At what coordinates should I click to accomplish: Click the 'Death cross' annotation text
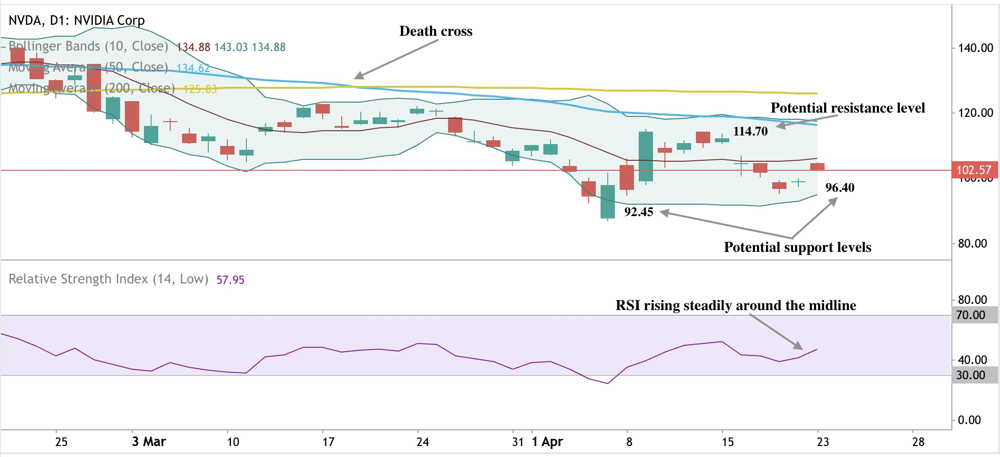pos(436,31)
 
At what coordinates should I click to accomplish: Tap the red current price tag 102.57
pos(973,170)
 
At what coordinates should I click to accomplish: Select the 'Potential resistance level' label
pos(847,108)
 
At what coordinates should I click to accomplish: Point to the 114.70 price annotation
pos(750,131)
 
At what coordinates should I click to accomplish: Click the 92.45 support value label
pos(638,212)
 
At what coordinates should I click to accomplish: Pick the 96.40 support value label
pos(840,187)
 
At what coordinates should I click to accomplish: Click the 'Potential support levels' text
pos(797,247)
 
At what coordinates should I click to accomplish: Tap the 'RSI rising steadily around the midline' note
pos(735,305)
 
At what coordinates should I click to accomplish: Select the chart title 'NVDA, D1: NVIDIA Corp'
pos(77,21)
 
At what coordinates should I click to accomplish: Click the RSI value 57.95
pos(230,280)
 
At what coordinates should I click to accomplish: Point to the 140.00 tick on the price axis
pos(975,48)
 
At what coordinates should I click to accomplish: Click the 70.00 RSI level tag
pos(970,315)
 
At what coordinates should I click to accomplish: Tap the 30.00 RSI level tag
pos(970,375)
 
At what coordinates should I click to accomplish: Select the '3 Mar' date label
pos(149,442)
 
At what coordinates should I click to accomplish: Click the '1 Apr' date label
pos(547,442)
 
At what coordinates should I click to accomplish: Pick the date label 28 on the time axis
pos(918,442)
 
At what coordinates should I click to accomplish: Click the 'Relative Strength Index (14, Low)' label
pos(109,279)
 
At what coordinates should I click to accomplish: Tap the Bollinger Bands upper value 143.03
pos(231,47)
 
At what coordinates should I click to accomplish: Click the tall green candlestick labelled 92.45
pos(608,201)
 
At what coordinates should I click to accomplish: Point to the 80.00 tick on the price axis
pos(972,244)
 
